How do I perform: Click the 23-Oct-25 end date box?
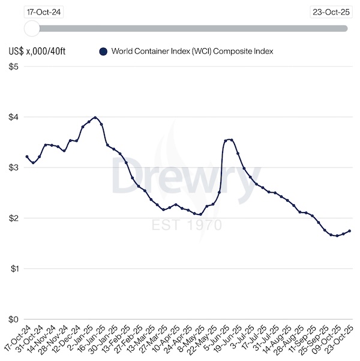(x=331, y=11)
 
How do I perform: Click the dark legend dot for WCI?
(x=103, y=52)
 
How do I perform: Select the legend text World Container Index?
(x=192, y=52)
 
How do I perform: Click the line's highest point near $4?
(x=95, y=117)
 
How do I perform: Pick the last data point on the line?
(x=350, y=231)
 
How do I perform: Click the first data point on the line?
(x=27, y=157)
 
